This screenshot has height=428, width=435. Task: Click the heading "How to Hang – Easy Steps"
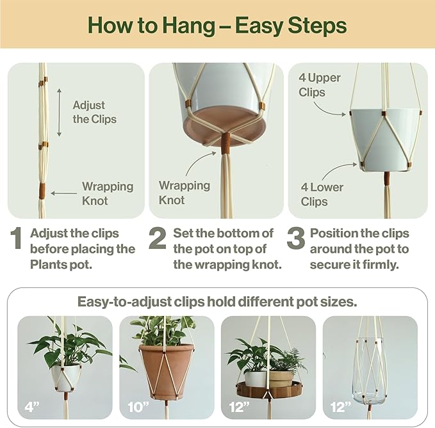pyautogui.click(x=217, y=26)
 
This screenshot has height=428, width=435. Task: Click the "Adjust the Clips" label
pyautogui.click(x=94, y=112)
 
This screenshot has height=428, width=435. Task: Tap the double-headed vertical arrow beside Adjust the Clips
pyautogui.click(x=60, y=113)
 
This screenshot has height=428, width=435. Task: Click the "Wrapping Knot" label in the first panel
pyautogui.click(x=107, y=193)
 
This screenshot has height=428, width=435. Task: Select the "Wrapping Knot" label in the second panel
pyautogui.click(x=184, y=192)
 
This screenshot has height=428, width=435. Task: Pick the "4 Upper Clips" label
pyautogui.click(x=320, y=84)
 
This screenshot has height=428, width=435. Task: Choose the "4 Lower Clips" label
pyautogui.click(x=322, y=194)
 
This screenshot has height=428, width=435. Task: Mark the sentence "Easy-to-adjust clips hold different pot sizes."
pyautogui.click(x=217, y=301)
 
